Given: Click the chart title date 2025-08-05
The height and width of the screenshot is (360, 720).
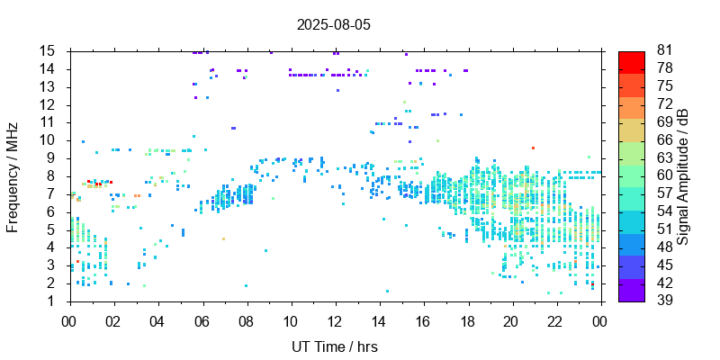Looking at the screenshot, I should [x=333, y=25].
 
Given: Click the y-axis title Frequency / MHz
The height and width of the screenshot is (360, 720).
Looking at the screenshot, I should [x=13, y=175].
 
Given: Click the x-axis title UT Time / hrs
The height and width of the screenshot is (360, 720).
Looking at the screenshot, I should [x=334, y=346].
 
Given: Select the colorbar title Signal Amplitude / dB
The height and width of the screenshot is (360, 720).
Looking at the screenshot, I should [x=684, y=175].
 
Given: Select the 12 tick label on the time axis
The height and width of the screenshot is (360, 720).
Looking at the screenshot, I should [x=334, y=320].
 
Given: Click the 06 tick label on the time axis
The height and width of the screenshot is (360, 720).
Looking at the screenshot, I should [x=202, y=320].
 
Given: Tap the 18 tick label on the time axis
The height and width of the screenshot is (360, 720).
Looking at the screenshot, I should [x=467, y=320].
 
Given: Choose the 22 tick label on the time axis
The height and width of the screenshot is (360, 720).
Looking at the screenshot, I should [x=555, y=320].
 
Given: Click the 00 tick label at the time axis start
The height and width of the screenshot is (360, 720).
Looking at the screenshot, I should [x=69, y=320].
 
